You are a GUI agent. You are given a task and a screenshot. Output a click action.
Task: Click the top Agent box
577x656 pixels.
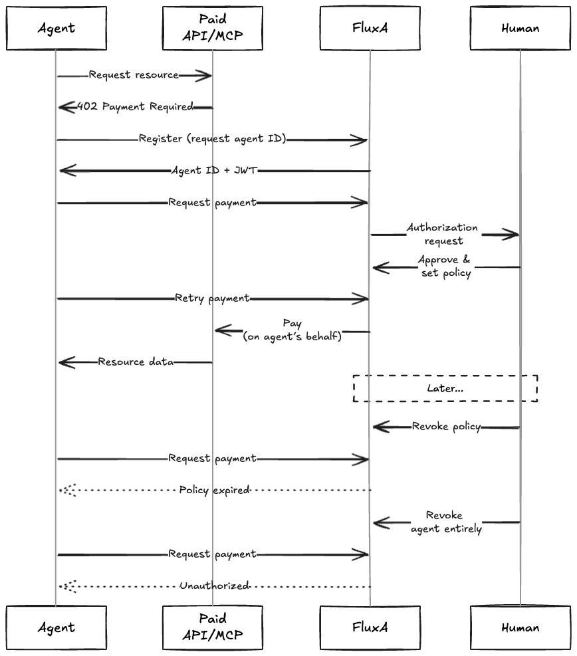57,28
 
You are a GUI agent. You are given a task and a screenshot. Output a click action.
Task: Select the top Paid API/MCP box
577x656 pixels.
212,28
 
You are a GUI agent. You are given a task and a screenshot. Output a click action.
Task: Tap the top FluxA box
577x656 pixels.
370,28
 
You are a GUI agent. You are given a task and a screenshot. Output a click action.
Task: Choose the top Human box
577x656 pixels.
520,28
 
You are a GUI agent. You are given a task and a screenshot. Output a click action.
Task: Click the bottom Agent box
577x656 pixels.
57,627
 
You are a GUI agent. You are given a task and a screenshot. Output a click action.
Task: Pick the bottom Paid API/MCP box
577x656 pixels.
212,627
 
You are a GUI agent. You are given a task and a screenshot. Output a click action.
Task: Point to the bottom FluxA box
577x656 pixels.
370,627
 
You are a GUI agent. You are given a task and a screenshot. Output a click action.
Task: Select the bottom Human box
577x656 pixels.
520,627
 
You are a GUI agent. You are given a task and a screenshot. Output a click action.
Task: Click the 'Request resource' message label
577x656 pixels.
134,75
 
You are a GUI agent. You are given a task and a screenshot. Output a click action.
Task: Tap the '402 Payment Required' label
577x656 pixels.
136,106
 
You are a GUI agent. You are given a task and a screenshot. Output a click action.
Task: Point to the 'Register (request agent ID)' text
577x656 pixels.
213,139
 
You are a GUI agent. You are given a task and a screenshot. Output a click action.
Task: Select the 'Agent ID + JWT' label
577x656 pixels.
213,171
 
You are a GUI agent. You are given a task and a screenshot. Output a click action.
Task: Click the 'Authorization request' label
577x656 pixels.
443,234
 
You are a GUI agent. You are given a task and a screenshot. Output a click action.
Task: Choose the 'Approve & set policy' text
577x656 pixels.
445,266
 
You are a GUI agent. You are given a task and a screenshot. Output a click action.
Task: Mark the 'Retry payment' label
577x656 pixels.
212,298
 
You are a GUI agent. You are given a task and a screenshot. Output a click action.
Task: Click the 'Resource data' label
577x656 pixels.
136,362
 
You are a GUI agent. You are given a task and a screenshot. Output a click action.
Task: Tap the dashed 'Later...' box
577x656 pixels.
445,388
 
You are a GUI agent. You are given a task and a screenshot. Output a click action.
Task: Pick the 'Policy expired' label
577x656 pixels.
214,490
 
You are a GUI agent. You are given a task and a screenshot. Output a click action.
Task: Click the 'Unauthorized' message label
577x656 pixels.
214,586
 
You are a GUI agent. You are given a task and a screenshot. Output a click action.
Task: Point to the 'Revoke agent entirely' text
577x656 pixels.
445,522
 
